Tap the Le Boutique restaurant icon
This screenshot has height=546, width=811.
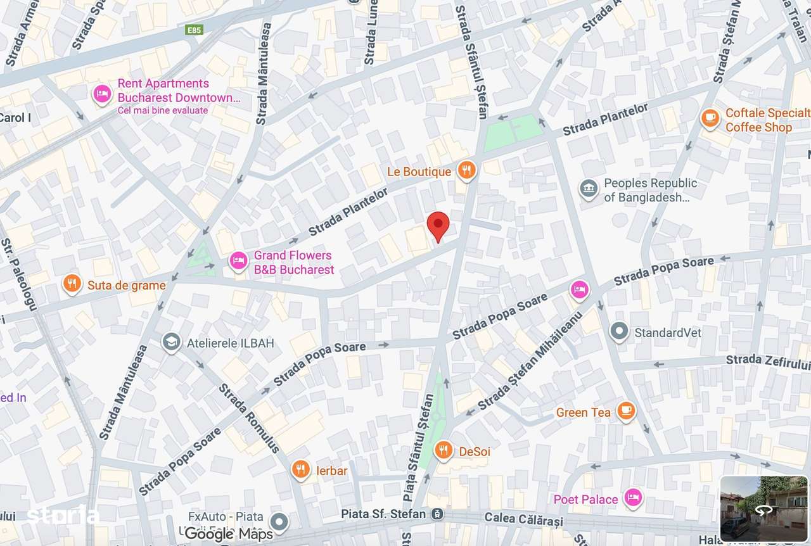pyautogui.click(x=467, y=170)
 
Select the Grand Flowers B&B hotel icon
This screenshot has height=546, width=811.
pyautogui.click(x=238, y=261)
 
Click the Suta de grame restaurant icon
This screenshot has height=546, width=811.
pyautogui.click(x=72, y=284)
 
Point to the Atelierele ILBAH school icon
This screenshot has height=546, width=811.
pyautogui.click(x=170, y=343)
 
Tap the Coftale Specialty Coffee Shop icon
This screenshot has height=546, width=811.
pyautogui.click(x=710, y=118)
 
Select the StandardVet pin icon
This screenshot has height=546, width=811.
pyautogui.click(x=619, y=331)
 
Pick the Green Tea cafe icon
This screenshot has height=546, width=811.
pyautogui.click(x=626, y=411)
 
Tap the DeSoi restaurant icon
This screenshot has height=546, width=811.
pyautogui.click(x=444, y=450)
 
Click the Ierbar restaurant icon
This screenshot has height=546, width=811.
pyautogui.click(x=301, y=469)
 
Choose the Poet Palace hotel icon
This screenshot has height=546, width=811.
pyautogui.click(x=632, y=498)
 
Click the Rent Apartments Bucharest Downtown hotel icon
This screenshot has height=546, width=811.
pyautogui.click(x=102, y=94)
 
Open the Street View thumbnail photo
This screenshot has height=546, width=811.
pyautogui.click(x=763, y=509)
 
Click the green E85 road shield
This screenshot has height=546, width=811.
pyautogui.click(x=194, y=30)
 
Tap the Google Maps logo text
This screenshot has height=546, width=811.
pyautogui.click(x=229, y=534)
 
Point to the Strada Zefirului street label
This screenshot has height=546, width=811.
pyautogui.click(x=768, y=360)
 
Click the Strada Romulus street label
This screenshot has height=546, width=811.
pyautogui.click(x=249, y=418)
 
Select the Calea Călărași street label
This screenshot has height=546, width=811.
pyautogui.click(x=523, y=519)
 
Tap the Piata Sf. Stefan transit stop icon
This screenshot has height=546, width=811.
pyautogui.click(x=436, y=514)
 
